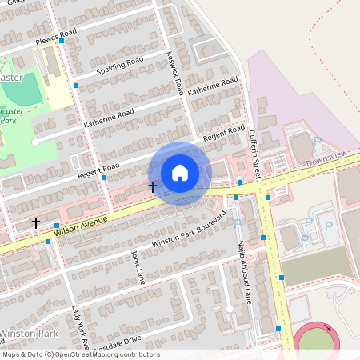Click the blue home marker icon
pyautogui.click(x=180, y=172)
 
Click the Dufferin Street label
pyautogui.click(x=254, y=151)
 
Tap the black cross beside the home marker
pyautogui.click(x=152, y=186)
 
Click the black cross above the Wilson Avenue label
pyautogui.click(x=36, y=222)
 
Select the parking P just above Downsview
pyautogui.click(x=317, y=142)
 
